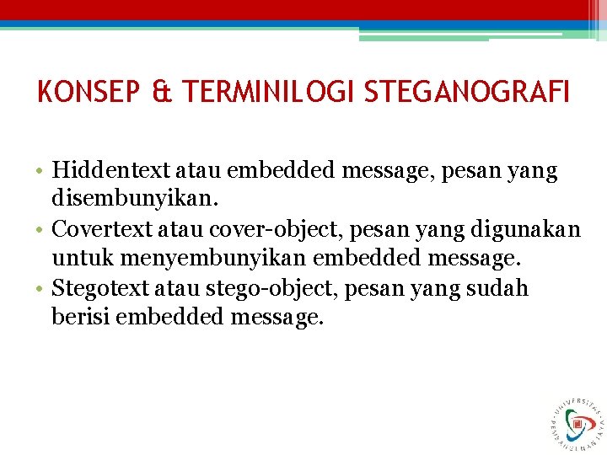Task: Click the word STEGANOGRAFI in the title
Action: [x=467, y=91]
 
